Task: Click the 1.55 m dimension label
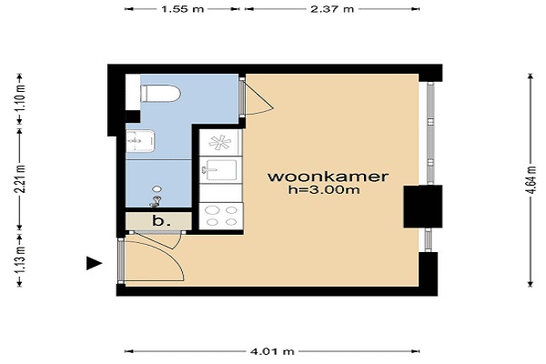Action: (182, 9)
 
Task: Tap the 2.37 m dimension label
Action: (332, 9)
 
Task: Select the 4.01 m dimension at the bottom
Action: (272, 351)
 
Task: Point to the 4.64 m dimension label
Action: (531, 180)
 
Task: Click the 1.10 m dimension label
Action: (20, 97)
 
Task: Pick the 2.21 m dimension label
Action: (20, 178)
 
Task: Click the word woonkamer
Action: (328, 177)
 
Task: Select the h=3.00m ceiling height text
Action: (324, 190)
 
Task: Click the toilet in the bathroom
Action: (160, 94)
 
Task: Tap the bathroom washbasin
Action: (140, 141)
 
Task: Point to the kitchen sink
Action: (220, 170)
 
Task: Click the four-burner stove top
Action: (221, 216)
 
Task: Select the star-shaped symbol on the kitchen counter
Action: (219, 143)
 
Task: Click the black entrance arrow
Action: (94, 263)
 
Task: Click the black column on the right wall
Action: (423, 207)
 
